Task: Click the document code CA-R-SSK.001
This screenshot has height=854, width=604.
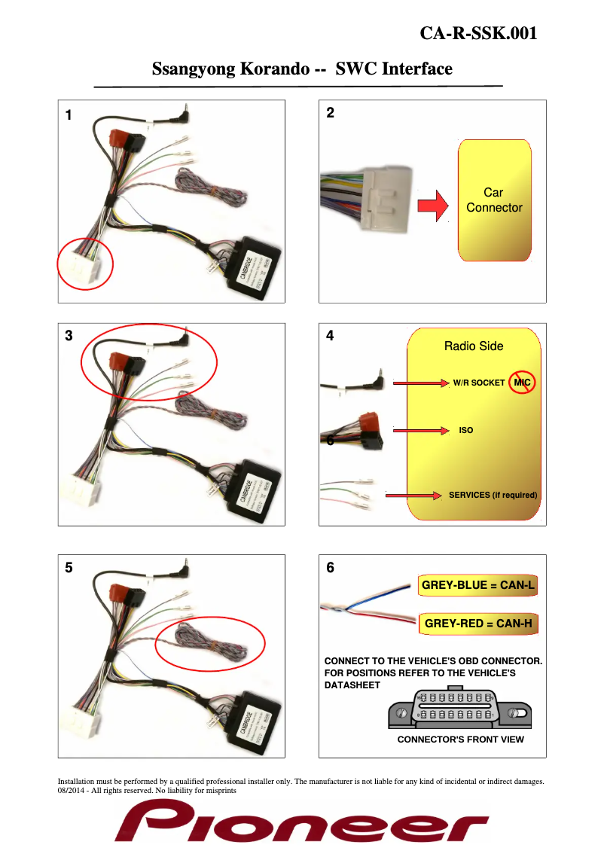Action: tap(478, 34)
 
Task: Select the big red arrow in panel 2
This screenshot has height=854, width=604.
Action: tap(432, 206)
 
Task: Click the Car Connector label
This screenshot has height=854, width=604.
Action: tap(494, 200)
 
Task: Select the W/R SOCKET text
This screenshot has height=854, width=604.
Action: tap(474, 383)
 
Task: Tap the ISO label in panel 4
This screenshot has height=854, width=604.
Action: tap(466, 431)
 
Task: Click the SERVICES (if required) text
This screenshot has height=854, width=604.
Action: tap(493, 495)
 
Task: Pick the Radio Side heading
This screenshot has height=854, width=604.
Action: tap(473, 346)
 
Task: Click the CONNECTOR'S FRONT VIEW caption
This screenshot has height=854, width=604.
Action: tap(460, 740)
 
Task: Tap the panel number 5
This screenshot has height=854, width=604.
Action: tap(69, 569)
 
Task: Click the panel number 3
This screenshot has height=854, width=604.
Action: tap(69, 337)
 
